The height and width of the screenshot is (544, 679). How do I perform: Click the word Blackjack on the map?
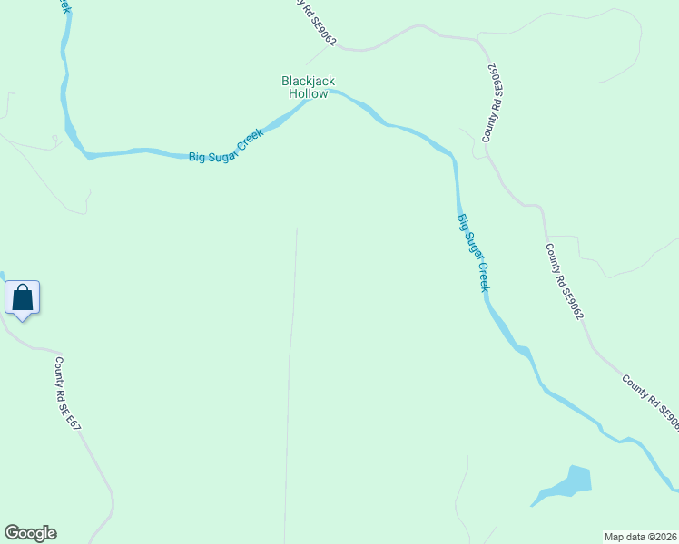[308, 82]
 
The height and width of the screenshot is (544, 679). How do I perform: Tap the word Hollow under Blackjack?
[308, 93]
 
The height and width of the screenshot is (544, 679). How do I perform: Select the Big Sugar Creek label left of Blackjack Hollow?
[226, 146]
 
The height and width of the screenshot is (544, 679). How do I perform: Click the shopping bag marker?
[22, 297]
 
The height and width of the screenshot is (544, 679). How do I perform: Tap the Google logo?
[30, 533]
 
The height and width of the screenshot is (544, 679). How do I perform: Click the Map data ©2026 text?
[640, 537]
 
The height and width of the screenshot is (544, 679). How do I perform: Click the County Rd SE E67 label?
[73, 394]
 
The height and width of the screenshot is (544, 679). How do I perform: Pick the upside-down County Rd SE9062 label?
[493, 102]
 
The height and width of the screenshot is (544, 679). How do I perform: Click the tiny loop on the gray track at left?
[54, 139]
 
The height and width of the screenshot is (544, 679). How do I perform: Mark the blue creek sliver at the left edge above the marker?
[2, 277]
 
